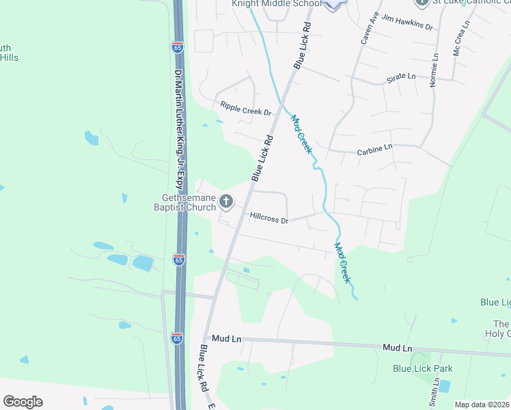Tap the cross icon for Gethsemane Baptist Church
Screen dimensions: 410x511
226,202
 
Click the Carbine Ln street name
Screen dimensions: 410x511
374,147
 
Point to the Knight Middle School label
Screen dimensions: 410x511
276,3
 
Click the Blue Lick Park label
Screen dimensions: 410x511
422,368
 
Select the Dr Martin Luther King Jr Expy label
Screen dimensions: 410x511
179,129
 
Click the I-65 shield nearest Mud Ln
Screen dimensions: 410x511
178,338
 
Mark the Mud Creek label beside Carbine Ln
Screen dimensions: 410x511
301,133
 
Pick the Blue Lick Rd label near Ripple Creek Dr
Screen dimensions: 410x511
262,158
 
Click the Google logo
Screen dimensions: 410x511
23,401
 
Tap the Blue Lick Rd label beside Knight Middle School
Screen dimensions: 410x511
303,45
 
